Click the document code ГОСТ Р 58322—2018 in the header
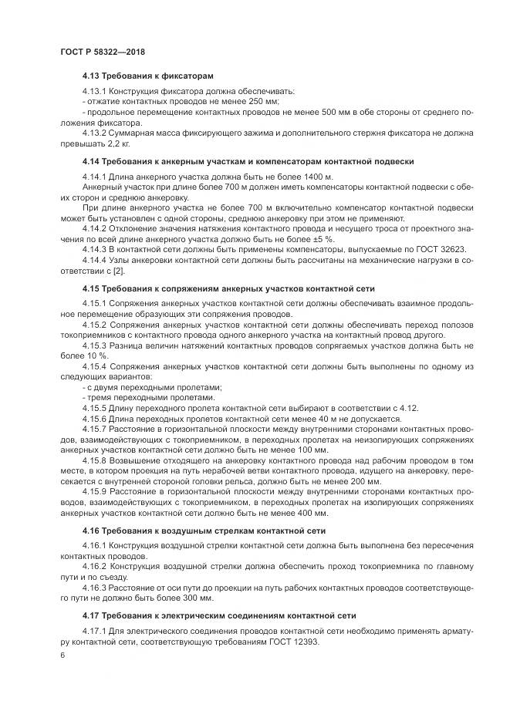pos(102,52)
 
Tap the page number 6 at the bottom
pos(62,655)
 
